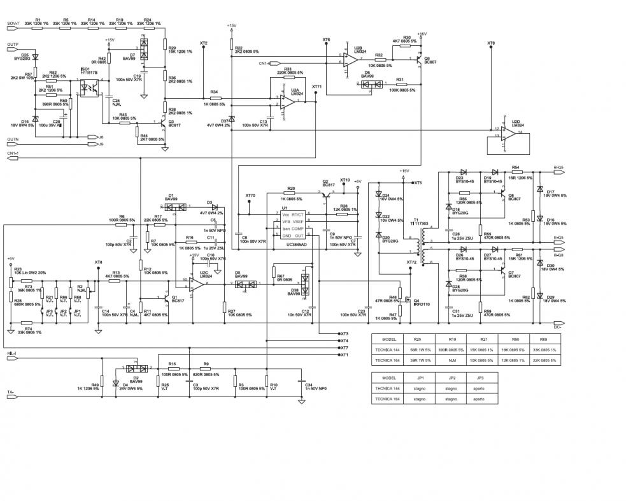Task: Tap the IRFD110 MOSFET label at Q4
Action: (422, 304)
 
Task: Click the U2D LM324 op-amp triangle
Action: (507, 133)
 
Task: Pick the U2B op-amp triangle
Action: (350, 60)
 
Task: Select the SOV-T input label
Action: (14, 24)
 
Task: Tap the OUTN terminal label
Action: (12, 140)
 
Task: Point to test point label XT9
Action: (490, 43)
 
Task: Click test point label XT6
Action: (327, 40)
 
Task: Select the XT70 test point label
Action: (250, 196)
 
